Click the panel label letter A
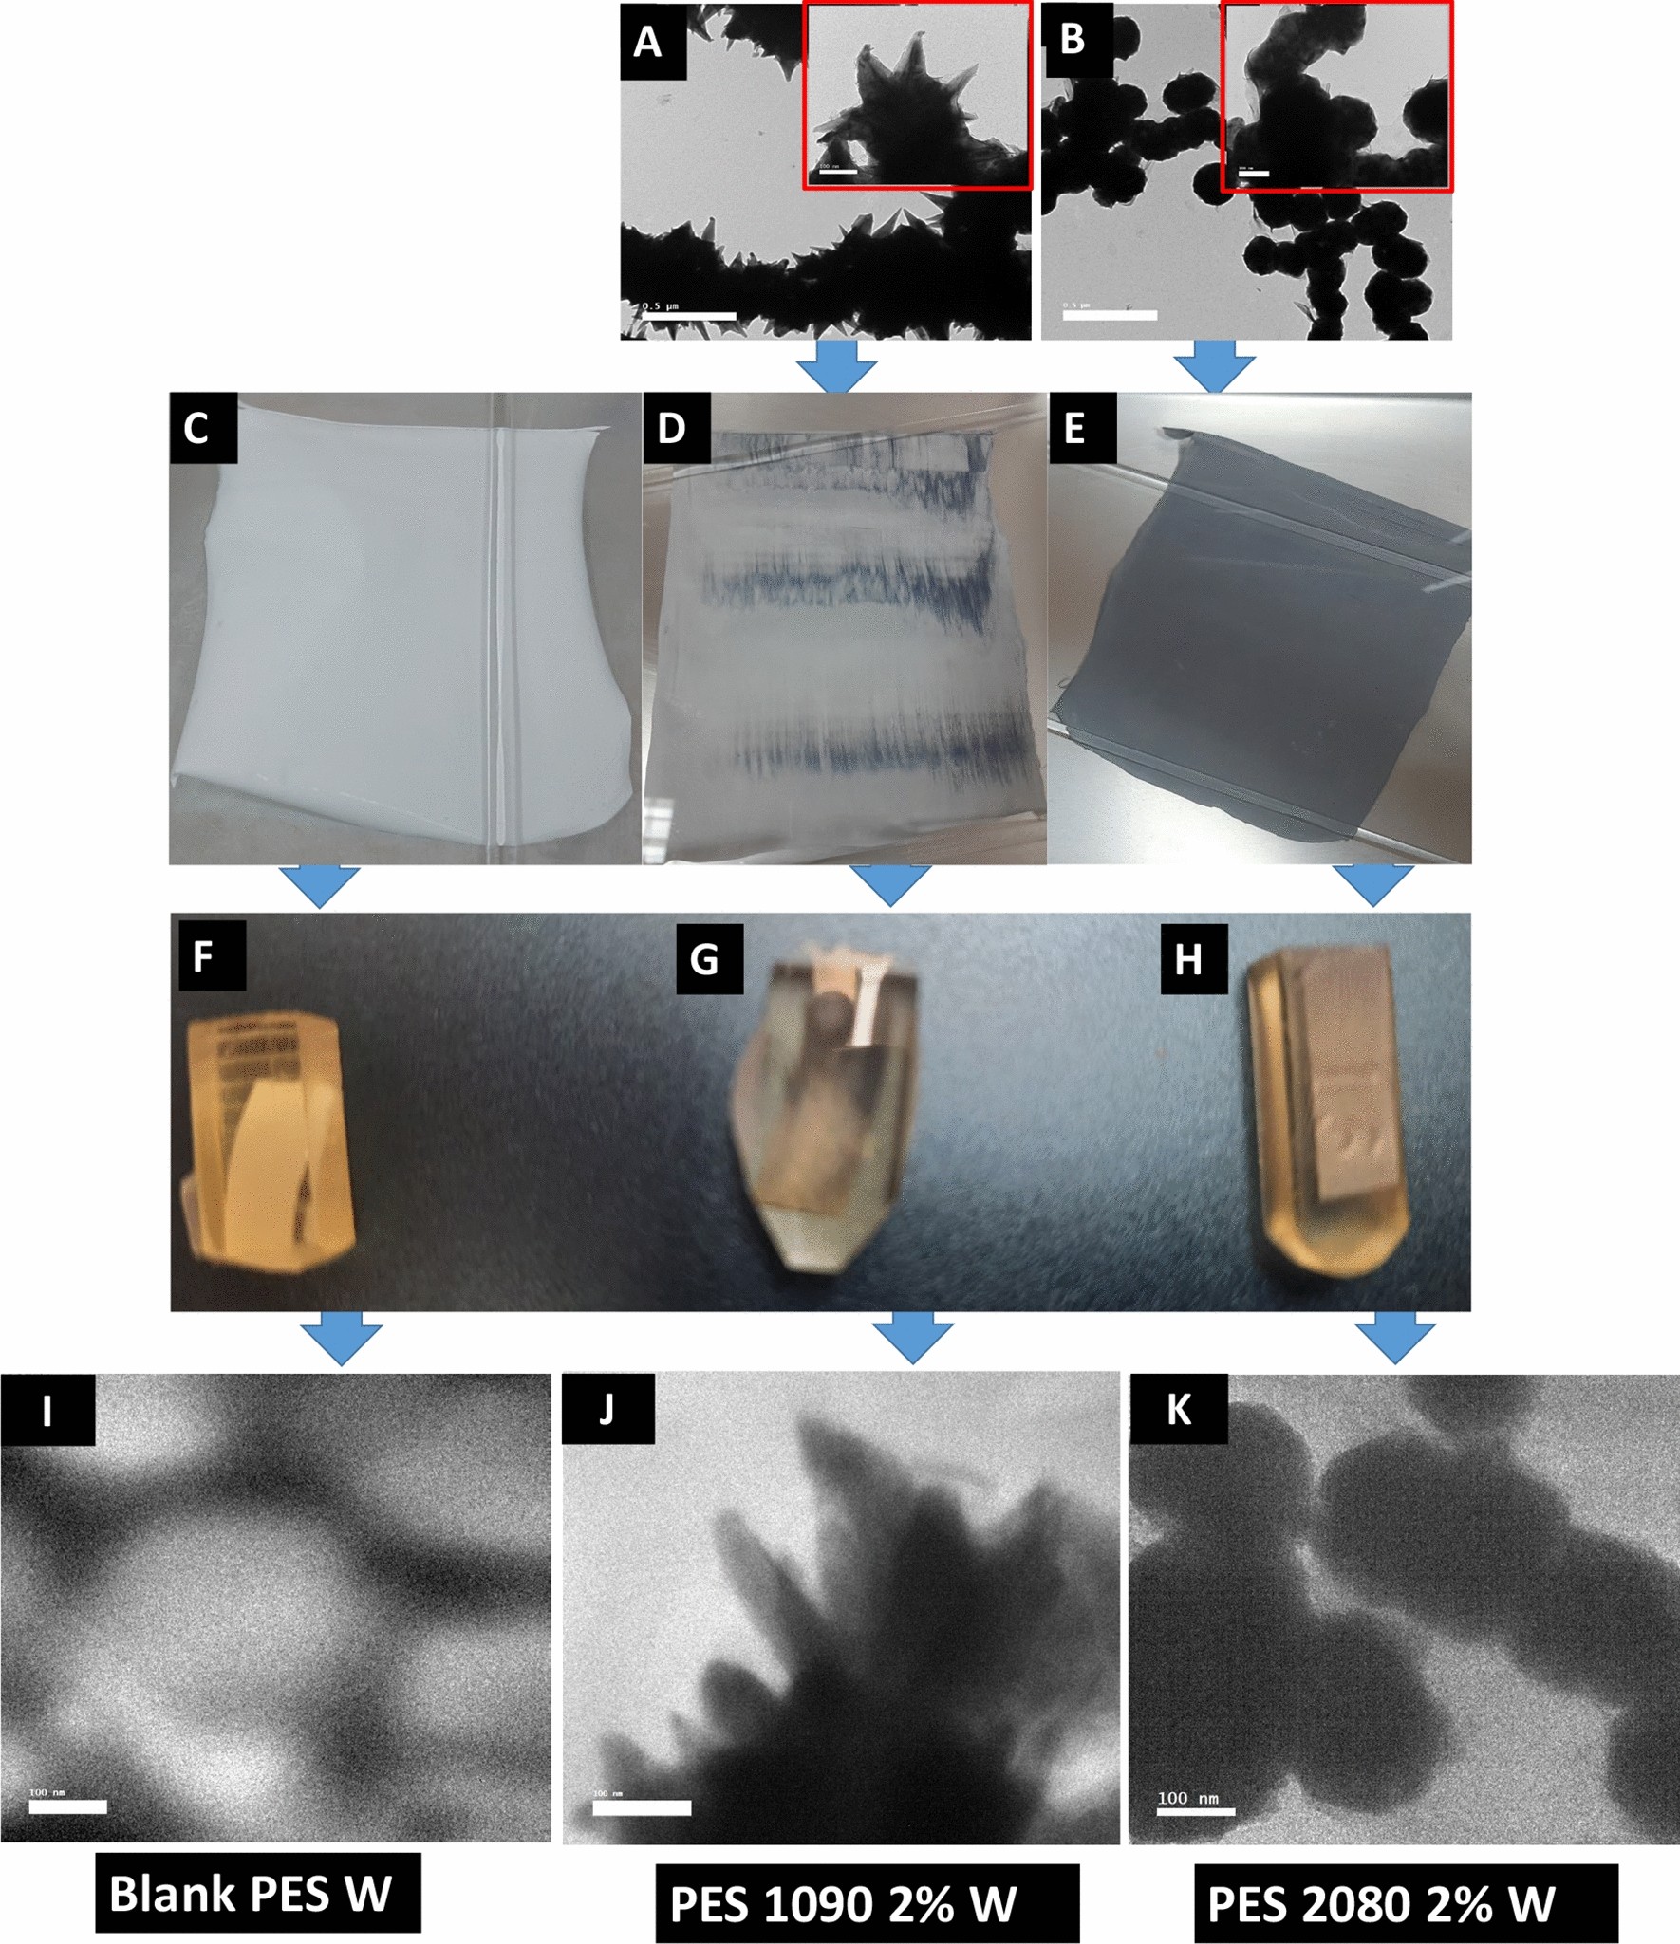click(648, 42)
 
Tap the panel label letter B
click(1073, 40)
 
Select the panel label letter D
click(672, 428)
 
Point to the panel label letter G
click(704, 959)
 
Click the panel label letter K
click(1178, 1410)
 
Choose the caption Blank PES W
click(256, 1895)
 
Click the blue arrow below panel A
click(836, 366)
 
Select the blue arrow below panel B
click(1214, 367)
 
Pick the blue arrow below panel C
click(320, 886)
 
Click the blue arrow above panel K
click(1394, 1339)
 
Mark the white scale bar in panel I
click(67, 1806)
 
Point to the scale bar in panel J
click(642, 1807)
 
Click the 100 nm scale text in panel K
click(1187, 1798)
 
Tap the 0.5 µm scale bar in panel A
click(689, 316)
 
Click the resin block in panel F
click(268, 1143)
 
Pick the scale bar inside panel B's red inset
click(1254, 174)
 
